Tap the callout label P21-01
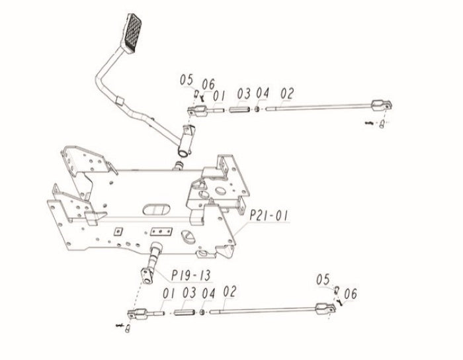pyautogui.click(x=268, y=216)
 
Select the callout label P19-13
pyautogui.click(x=191, y=275)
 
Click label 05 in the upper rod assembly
pyautogui.click(x=187, y=79)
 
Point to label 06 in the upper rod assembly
pyautogui.click(x=208, y=85)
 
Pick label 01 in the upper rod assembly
pyautogui.click(x=219, y=96)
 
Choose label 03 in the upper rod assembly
pyautogui.click(x=244, y=93)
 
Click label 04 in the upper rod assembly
pyautogui.click(x=263, y=93)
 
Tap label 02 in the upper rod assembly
pyautogui.click(x=287, y=93)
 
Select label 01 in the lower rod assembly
pyautogui.click(x=169, y=294)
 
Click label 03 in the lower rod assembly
pyautogui.click(x=189, y=292)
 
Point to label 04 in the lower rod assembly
pyautogui.click(x=208, y=294)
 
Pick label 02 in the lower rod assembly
pyautogui.click(x=230, y=291)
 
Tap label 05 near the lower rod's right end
pyautogui.click(x=323, y=279)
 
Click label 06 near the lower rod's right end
pyautogui.click(x=351, y=294)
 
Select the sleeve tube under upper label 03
pyautogui.click(x=239, y=110)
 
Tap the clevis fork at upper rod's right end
pyautogui.click(x=382, y=105)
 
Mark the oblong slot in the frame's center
pyautogui.click(x=157, y=209)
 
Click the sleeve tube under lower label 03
pyautogui.click(x=184, y=312)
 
